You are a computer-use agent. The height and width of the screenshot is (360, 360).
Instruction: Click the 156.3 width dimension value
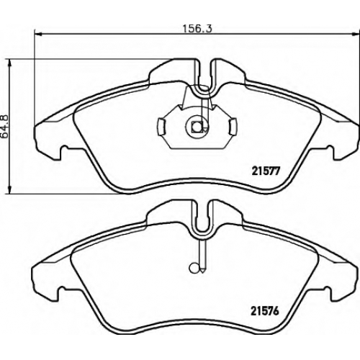point(198,29)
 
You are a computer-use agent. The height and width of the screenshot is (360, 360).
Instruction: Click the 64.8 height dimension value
point(5,127)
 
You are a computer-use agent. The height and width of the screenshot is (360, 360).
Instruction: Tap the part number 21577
point(266,171)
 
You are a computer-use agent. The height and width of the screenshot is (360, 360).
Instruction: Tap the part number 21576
point(265,312)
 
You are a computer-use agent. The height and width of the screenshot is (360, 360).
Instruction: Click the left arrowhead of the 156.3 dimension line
point(38,35)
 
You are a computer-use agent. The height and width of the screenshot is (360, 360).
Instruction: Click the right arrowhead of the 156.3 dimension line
point(356,35)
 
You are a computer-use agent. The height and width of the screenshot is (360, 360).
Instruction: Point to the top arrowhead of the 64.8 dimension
point(9,63)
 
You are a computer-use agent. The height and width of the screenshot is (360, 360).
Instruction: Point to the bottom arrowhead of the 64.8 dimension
point(9,189)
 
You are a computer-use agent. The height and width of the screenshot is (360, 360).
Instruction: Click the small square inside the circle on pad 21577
point(197,126)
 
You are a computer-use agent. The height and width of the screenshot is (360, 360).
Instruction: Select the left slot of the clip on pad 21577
point(162,127)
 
